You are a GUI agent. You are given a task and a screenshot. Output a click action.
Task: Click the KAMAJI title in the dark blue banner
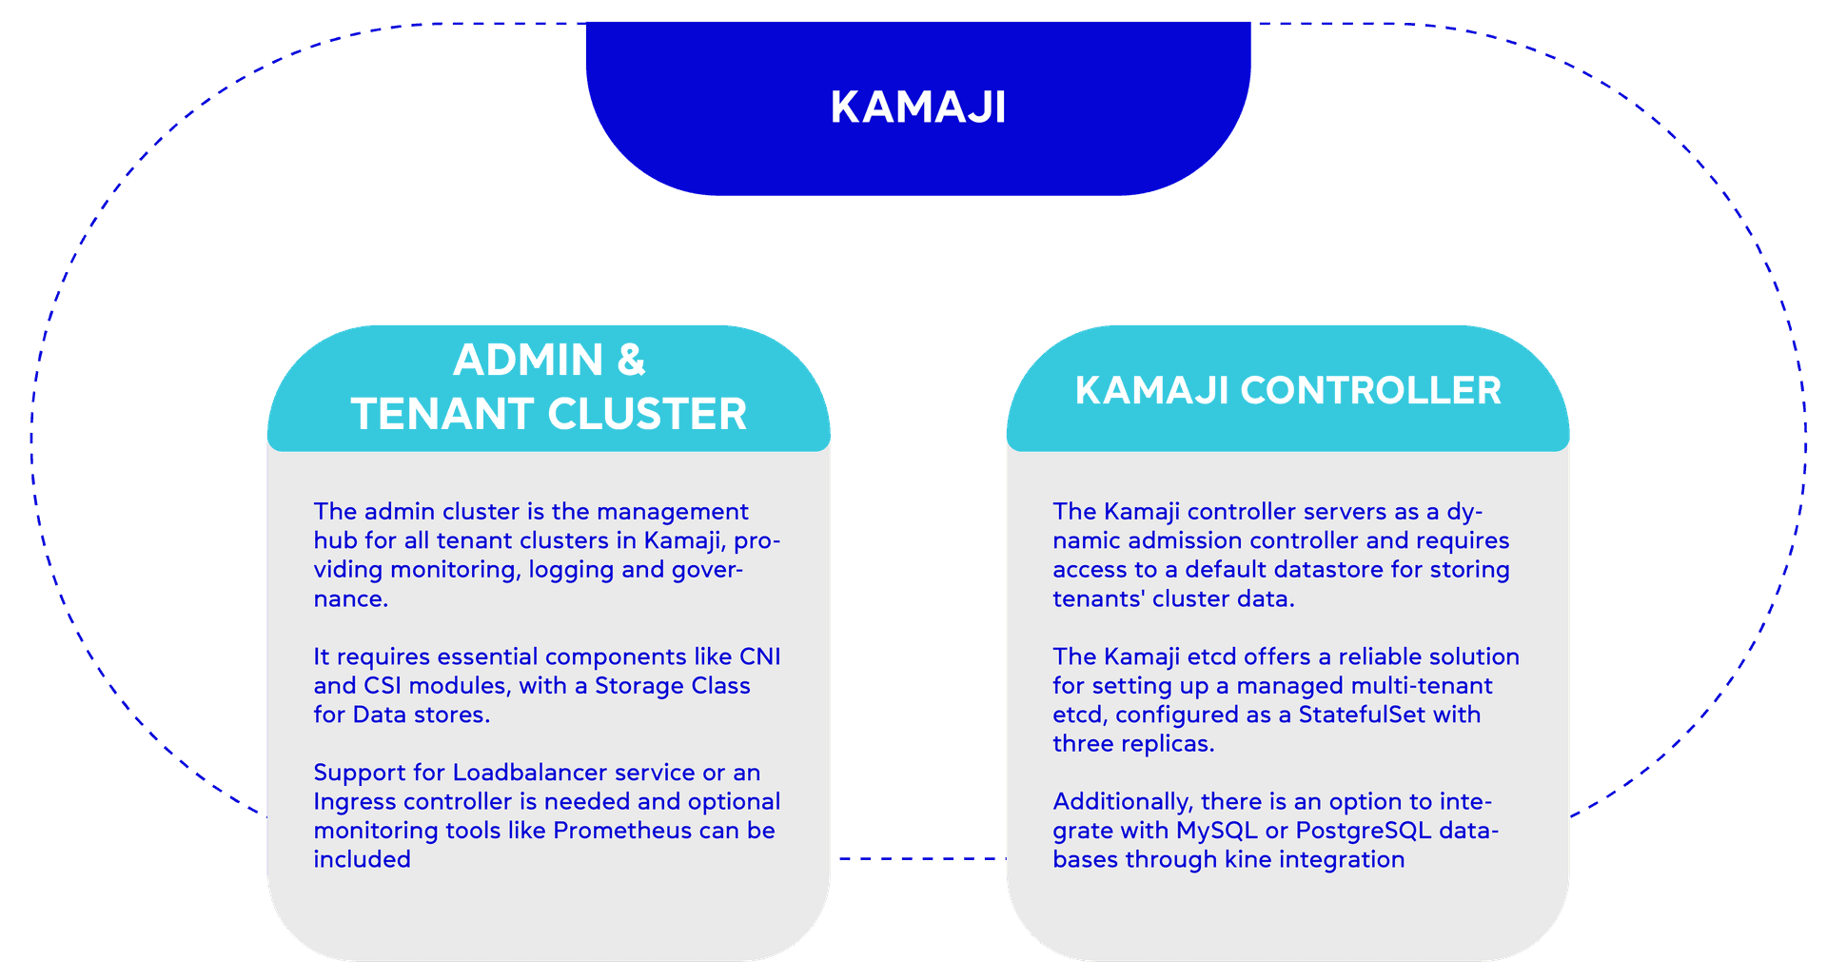(918, 107)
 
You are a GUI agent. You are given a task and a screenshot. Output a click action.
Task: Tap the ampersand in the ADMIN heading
(631, 361)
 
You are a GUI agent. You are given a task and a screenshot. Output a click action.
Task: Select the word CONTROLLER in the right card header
(1370, 391)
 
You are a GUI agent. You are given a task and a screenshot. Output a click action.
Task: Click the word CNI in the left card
(759, 657)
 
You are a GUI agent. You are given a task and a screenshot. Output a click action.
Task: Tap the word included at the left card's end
(362, 859)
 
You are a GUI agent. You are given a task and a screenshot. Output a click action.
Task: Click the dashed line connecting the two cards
(918, 858)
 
